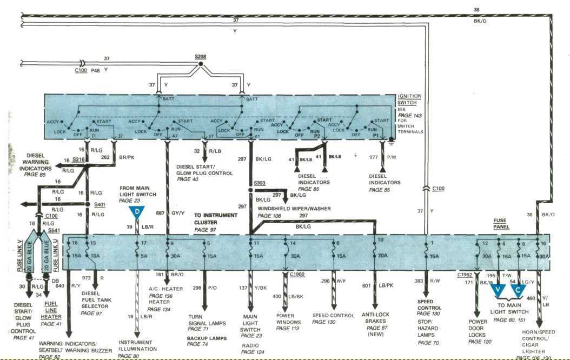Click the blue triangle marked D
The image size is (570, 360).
tap(137, 211)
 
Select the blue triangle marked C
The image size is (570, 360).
tap(518, 290)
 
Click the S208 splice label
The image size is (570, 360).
tap(200, 56)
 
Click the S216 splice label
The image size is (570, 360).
tap(78, 161)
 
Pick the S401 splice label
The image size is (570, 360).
tap(100, 205)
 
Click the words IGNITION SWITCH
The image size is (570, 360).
tap(409, 99)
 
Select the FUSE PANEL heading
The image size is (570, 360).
tap(502, 224)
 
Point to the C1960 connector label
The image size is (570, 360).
tap(297, 275)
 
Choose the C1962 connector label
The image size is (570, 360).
tap(464, 275)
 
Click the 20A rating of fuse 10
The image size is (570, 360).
tap(383, 256)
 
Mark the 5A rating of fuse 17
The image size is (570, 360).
tap(143, 256)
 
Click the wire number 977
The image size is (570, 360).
tap(373, 158)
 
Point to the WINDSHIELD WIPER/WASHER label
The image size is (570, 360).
tap(294, 209)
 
